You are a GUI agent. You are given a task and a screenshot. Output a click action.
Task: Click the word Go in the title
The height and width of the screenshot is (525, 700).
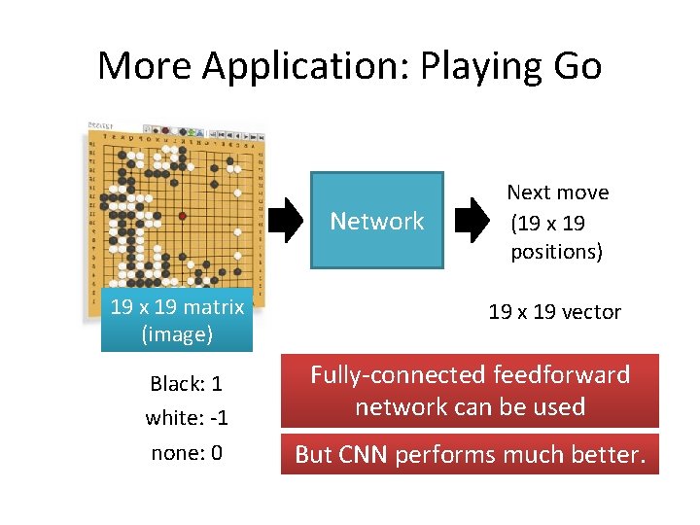(575, 66)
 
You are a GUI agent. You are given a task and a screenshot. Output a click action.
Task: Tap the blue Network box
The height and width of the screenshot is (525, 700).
(377, 221)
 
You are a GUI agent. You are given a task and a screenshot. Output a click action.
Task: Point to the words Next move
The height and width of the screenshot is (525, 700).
(558, 192)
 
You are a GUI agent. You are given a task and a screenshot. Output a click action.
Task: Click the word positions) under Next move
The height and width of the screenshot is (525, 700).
(557, 252)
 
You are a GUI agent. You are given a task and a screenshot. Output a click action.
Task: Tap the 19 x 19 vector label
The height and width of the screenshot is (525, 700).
(554, 312)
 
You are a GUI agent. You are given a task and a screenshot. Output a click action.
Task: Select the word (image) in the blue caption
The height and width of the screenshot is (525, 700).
(177, 334)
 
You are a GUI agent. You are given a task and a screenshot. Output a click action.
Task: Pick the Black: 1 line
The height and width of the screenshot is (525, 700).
(187, 384)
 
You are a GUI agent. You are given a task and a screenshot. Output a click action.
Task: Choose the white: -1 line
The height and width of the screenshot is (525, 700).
(187, 418)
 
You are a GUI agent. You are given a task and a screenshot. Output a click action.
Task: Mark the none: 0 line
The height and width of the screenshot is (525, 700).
(187, 453)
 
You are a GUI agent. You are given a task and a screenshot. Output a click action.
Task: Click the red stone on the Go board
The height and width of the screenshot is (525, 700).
(182, 215)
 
